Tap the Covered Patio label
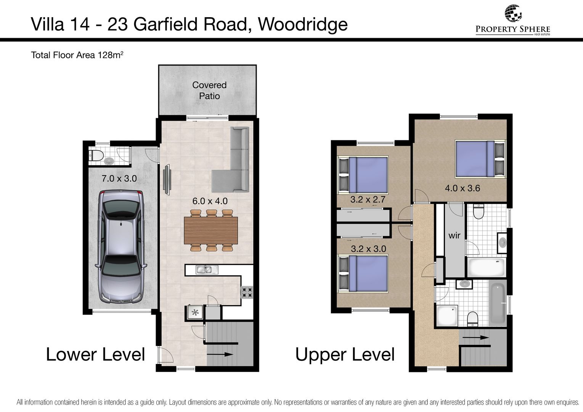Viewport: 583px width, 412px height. tap(209, 90)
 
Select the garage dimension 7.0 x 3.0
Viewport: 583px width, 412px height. tap(119, 179)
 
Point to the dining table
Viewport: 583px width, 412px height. tap(211, 230)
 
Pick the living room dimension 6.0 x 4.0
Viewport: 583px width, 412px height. tap(210, 201)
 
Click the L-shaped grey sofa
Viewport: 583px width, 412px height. tap(231, 159)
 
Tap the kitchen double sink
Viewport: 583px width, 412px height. tap(207, 270)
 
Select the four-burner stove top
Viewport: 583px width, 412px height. tap(247, 292)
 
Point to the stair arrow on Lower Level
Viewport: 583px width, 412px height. tap(220, 354)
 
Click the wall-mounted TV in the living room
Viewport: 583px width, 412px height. tap(167, 179)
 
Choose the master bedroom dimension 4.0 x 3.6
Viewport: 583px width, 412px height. tap(463, 188)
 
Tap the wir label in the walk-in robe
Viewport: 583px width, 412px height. tap(455, 235)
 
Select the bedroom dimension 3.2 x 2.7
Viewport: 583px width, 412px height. tap(368, 200)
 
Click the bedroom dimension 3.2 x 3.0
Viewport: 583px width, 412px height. tap(368, 249)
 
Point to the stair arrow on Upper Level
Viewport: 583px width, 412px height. tap(475, 338)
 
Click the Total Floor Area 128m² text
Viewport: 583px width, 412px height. tap(77, 55)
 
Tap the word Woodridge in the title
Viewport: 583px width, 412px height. tap(303, 24)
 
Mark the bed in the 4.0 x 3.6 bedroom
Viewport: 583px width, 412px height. tap(480, 159)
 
